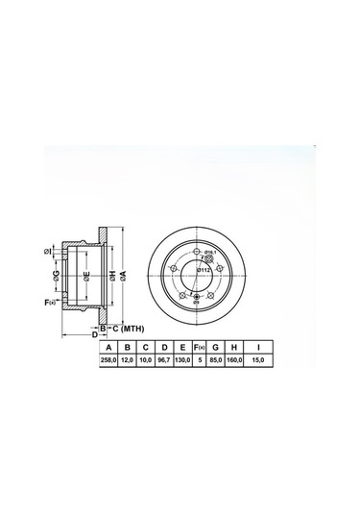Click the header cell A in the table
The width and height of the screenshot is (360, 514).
coord(110,348)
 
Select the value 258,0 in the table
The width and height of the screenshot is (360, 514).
coord(110,361)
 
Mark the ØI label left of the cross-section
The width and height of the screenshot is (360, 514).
coord(47,252)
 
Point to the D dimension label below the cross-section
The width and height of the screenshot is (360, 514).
coord(94,335)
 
